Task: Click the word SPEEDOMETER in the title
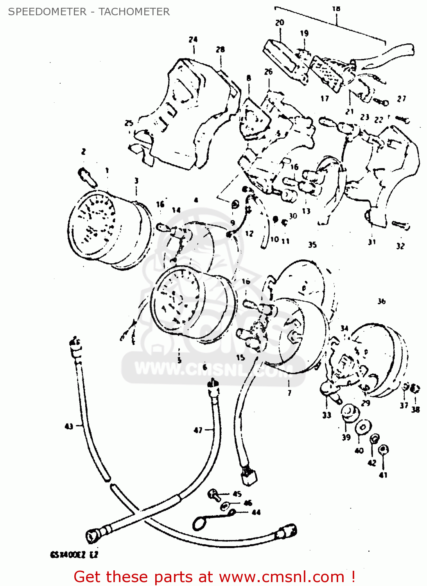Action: point(47,12)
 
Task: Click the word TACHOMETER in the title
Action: point(134,12)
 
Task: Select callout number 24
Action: point(193,39)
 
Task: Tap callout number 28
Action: point(221,50)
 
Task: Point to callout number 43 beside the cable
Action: point(69,426)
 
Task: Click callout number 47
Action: point(198,430)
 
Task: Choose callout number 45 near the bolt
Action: point(237,494)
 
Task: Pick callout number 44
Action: point(256,512)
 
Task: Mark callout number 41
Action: point(383,475)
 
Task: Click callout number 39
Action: point(346,438)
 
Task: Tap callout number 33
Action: point(327,415)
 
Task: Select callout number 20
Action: point(280,23)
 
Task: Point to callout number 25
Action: point(129,123)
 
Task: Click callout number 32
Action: point(400,246)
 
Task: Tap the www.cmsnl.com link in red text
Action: point(282,577)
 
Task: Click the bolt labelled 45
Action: point(213,494)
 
